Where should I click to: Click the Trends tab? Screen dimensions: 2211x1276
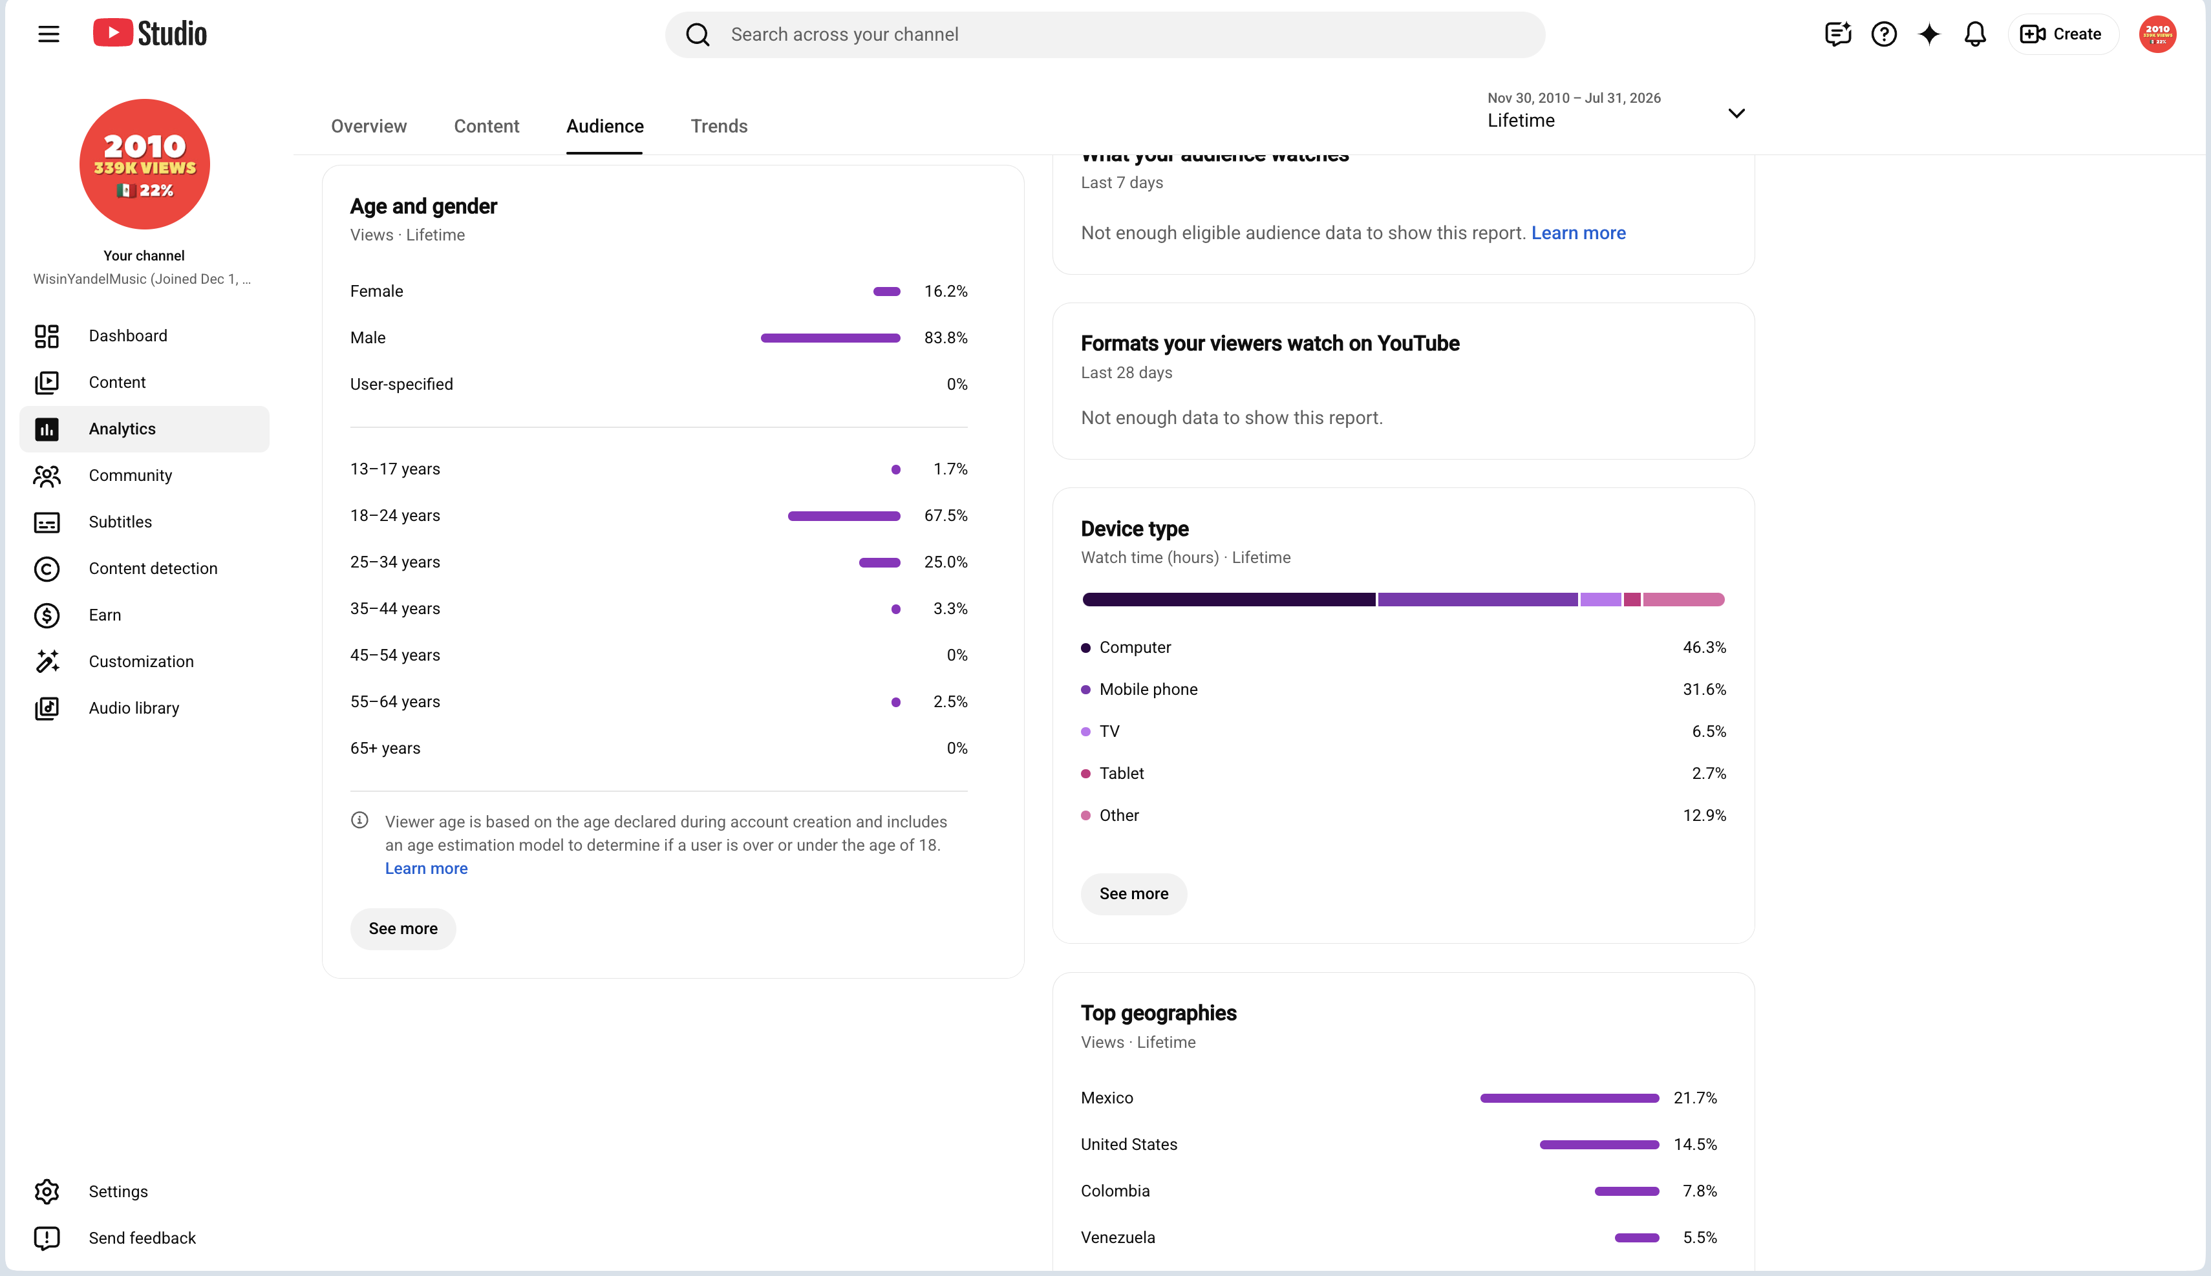[x=719, y=126]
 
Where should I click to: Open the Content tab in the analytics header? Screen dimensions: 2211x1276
[x=486, y=126]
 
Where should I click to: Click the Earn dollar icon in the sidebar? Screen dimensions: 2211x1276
[x=47, y=615]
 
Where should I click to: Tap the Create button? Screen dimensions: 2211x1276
[x=2062, y=34]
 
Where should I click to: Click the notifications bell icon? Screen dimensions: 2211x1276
[x=1974, y=34]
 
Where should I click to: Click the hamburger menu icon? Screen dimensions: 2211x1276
[x=49, y=34]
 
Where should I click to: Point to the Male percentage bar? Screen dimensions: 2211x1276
[x=830, y=338]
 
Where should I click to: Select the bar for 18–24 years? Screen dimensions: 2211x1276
[x=844, y=516]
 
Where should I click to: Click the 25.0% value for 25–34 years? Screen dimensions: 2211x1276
[x=946, y=562]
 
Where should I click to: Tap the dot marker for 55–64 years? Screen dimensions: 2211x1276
[x=895, y=702]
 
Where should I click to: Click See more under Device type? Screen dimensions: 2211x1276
[x=1134, y=894]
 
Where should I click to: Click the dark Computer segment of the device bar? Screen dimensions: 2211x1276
[x=1228, y=599]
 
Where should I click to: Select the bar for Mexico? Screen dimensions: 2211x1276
[x=1570, y=1098]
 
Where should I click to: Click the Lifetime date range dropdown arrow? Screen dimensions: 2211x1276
[x=1736, y=113]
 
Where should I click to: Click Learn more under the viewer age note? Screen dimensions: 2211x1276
[x=426, y=869]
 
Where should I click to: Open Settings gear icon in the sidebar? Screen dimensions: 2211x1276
[x=47, y=1192]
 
